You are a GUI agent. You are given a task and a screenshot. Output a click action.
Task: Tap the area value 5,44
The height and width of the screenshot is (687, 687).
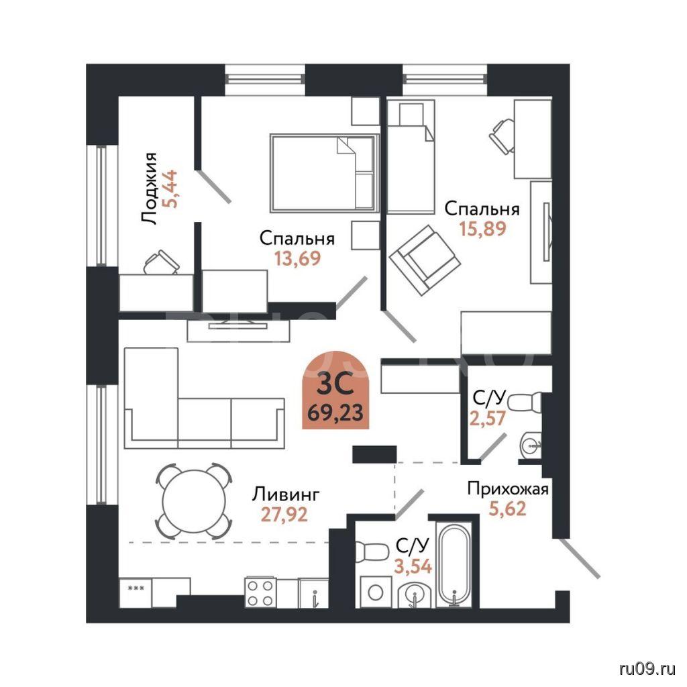point(170,189)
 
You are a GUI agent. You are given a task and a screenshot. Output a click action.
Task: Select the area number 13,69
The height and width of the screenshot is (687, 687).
point(297,258)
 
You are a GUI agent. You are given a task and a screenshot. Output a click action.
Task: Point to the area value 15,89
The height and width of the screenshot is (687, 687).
point(483,228)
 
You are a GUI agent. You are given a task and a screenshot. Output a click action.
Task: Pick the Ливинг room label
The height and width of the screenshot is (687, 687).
point(286,494)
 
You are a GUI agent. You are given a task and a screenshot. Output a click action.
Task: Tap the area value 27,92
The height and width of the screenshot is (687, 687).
point(284,515)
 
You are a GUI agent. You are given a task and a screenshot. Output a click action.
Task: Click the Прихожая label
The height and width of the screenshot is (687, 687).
point(508,488)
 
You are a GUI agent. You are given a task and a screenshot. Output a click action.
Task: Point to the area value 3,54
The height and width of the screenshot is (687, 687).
point(413,566)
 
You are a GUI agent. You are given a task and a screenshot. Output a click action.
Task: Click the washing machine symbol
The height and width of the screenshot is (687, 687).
point(376,592)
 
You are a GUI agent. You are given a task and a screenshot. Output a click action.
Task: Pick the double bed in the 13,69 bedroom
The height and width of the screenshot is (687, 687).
point(325,173)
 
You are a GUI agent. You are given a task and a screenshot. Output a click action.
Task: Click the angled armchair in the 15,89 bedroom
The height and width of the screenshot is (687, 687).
point(425,260)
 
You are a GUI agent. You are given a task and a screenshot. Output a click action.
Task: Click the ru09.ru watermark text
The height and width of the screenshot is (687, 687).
point(647,669)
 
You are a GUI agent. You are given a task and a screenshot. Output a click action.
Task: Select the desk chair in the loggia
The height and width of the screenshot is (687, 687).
point(161,262)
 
